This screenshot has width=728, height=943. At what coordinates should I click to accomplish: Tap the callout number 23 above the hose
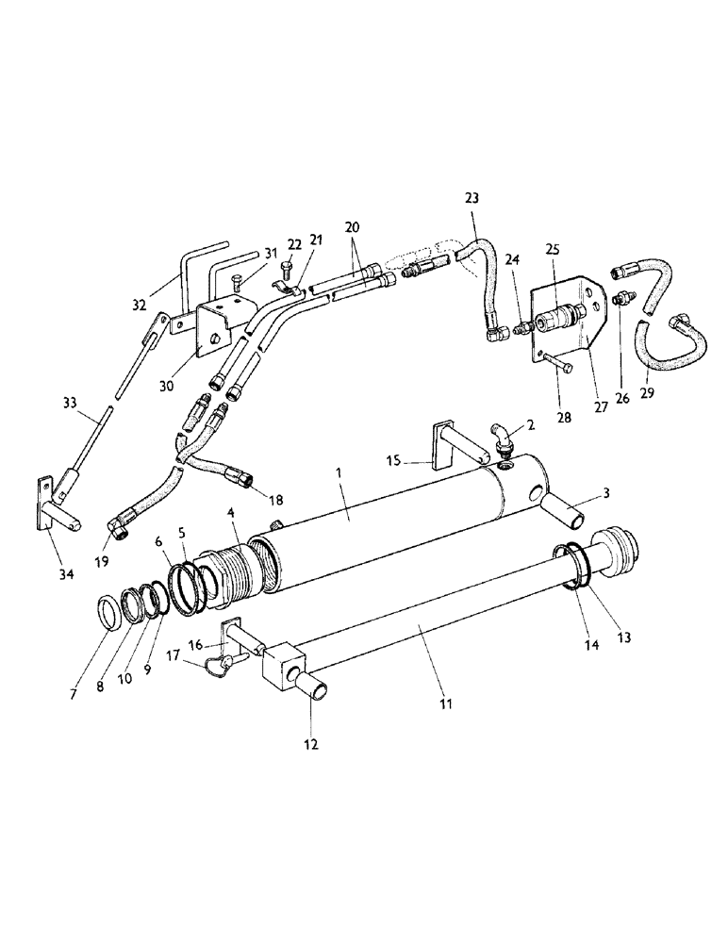tap(472, 198)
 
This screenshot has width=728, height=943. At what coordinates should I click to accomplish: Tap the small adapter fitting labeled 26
tap(620, 301)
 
